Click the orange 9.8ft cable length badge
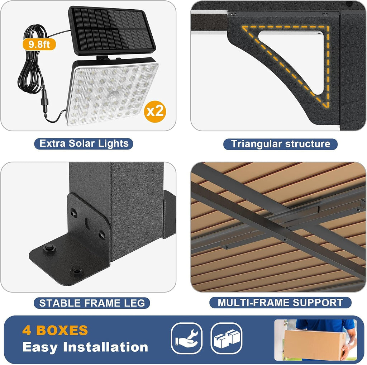point(39,44)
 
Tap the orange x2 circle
point(155,112)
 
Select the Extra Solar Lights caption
point(84,143)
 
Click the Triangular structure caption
point(280,144)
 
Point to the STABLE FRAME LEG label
point(92,303)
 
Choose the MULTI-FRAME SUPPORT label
point(280,303)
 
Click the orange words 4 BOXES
point(55,330)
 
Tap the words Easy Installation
point(85,347)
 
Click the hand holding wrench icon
point(186,338)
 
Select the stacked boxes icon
point(227,338)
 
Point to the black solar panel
point(112,31)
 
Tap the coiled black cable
point(32,58)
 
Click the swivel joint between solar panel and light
point(103,58)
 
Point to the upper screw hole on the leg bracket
point(74,213)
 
